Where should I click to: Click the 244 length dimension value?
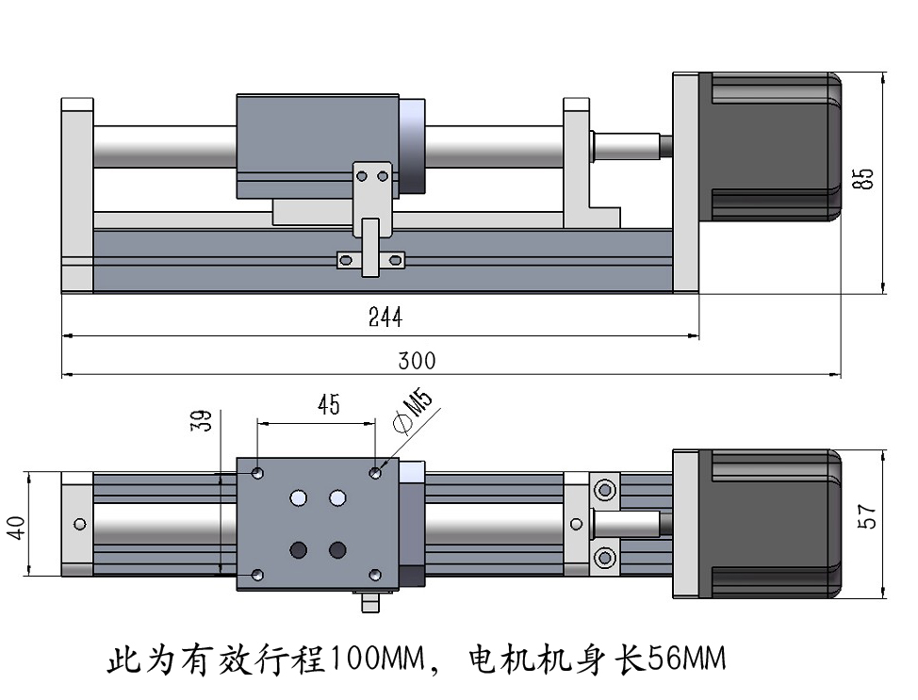pos(385,317)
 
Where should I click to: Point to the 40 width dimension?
pos(17,529)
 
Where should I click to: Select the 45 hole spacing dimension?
pos(328,405)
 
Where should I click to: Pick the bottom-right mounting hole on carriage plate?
pos(375,574)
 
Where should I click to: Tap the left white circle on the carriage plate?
pos(300,497)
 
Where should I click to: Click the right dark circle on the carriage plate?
pos(337,548)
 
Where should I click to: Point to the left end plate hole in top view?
pos(79,523)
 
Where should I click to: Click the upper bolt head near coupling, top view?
pos(604,490)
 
